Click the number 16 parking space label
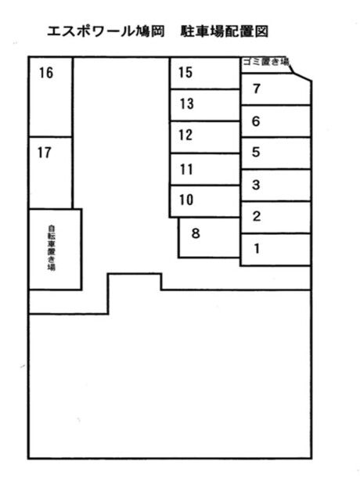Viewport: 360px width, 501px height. tap(46, 73)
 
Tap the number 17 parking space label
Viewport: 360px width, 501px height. tap(45, 153)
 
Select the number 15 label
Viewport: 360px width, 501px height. tap(185, 72)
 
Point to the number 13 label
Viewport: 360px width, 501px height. tap(186, 103)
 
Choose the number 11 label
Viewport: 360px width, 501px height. tap(186, 169)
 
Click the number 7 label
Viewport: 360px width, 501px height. tap(257, 88)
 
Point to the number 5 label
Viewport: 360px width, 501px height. tap(256, 152)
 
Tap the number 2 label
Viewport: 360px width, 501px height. tap(257, 216)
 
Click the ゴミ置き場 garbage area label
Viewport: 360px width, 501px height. tap(266, 62)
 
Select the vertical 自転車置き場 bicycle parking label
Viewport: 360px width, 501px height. tap(51, 248)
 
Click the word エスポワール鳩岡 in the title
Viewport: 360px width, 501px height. tap(106, 31)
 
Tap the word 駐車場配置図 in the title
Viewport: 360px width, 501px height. tap(224, 31)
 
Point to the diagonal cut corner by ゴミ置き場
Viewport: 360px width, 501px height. tap(301, 74)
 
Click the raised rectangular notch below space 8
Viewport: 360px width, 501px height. tap(135, 274)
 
